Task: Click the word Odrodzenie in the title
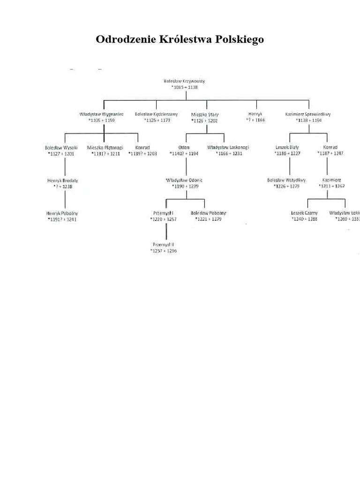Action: pos(122,39)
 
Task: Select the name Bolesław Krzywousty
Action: pos(184,81)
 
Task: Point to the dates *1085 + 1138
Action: pos(184,88)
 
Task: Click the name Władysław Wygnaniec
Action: pos(101,114)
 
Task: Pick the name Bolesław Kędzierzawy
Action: pos(157,114)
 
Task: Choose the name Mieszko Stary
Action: pos(205,114)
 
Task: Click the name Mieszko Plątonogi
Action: pos(105,147)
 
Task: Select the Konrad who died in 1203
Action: pos(142,147)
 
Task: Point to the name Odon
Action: pos(186,147)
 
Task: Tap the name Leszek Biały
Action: pos(287,147)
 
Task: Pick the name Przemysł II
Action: pos(163,245)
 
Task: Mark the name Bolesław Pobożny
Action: pos(209,213)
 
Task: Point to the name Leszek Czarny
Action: pos(304,213)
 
